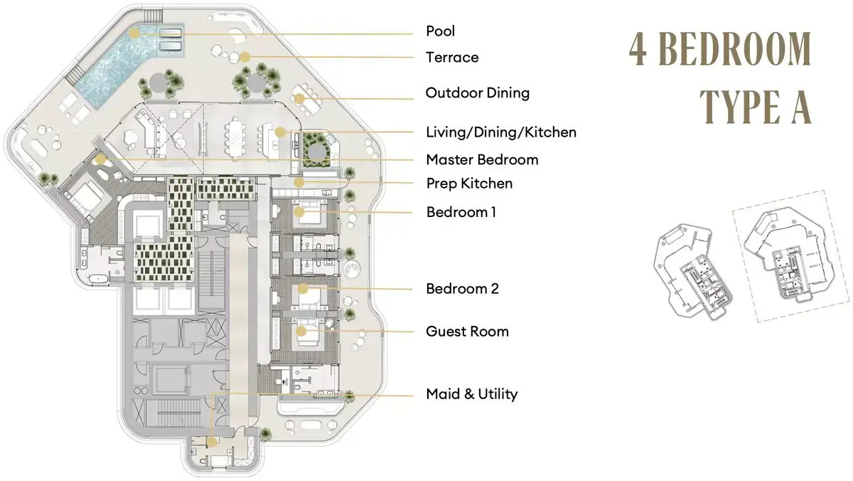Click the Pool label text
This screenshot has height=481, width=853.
pos(440,31)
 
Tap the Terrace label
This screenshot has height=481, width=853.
pos(452,57)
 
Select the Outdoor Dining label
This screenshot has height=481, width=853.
pos(478,92)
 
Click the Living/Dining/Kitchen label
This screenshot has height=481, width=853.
pos(501,132)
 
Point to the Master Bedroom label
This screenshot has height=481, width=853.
pos(482,159)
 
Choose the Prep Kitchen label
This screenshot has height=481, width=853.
pos(469,184)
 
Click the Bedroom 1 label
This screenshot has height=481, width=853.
pos(461,212)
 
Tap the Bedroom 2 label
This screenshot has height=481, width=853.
pos(462,288)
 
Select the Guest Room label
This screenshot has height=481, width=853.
pos(467,331)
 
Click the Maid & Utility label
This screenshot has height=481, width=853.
pos(472,393)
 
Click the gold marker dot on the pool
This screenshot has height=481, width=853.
pos(134,33)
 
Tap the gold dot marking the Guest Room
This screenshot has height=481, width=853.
pos(301,331)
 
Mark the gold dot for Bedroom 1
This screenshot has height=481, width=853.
pos(299,212)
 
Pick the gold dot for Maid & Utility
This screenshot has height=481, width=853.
pos(212,442)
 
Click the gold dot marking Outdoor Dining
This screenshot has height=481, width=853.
pos(299,99)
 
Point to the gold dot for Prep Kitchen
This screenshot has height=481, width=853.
pos(299,183)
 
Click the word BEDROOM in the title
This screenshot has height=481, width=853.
pos(735,49)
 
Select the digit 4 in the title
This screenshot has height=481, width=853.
pos(638,49)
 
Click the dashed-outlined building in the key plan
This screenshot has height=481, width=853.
pos(790,255)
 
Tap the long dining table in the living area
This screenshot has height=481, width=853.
pos(235,138)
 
